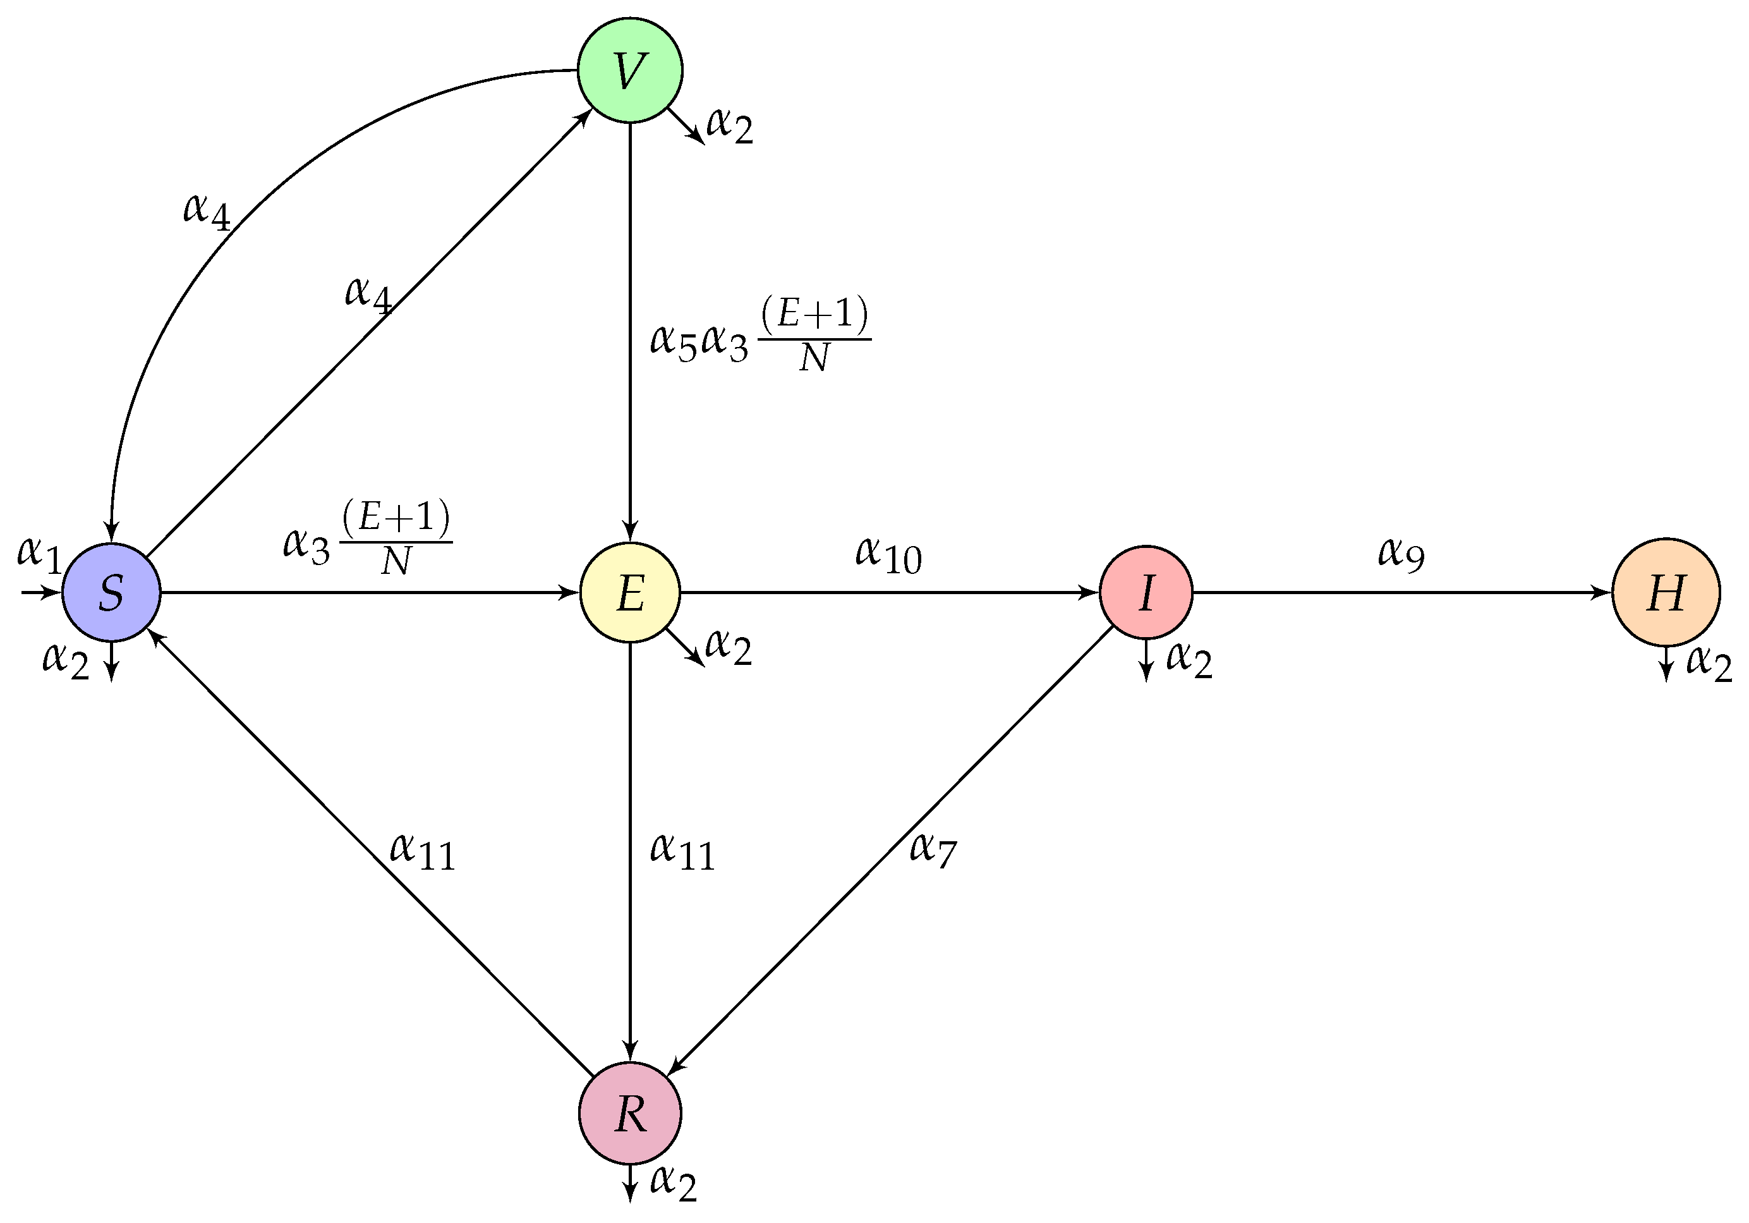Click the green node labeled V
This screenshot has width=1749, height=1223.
pyautogui.click(x=629, y=70)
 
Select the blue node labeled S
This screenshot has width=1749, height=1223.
pyautogui.click(x=111, y=592)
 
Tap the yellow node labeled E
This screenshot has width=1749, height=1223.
pyautogui.click(x=629, y=592)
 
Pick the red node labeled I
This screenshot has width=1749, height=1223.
pyautogui.click(x=1146, y=592)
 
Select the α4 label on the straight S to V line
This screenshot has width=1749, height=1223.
pyautogui.click(x=368, y=293)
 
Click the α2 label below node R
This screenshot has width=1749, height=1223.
pyautogui.click(x=674, y=1182)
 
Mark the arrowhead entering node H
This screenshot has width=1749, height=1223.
pyautogui.click(x=1603, y=592)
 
